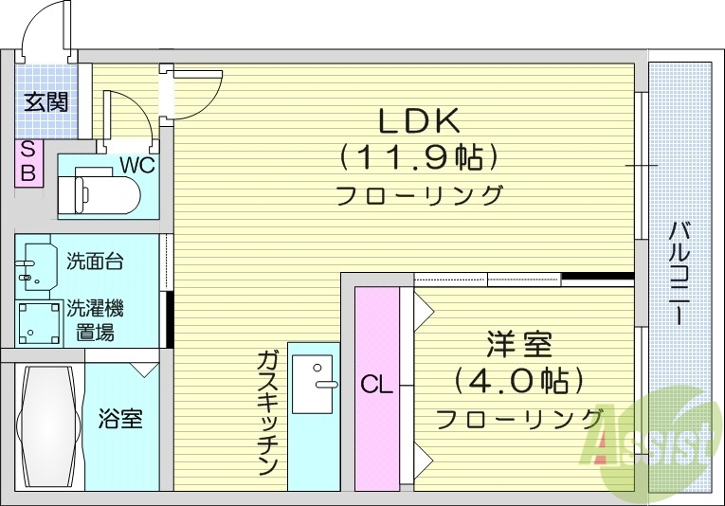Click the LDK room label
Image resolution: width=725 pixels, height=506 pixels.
(419, 120)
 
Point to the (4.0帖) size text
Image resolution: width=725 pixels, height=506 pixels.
(517, 381)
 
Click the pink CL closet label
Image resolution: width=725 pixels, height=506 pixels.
(376, 386)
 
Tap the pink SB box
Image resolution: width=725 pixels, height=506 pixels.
(27, 162)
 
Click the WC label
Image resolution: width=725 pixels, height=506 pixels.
(136, 163)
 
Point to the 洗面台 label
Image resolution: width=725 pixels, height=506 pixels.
(95, 261)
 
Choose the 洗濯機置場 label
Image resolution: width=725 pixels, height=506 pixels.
(95, 320)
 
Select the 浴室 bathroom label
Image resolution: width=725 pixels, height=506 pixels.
(120, 418)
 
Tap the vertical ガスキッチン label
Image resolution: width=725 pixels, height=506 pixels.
(266, 412)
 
